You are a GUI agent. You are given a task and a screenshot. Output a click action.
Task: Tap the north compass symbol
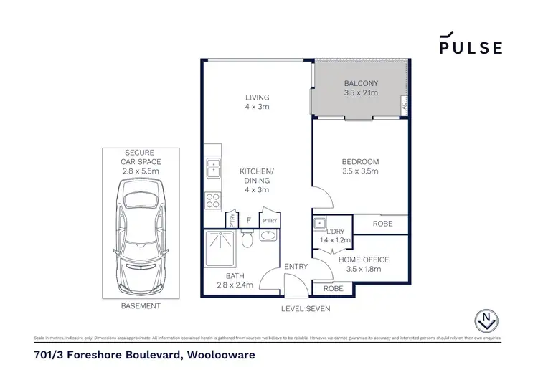pyautogui.click(x=489, y=321)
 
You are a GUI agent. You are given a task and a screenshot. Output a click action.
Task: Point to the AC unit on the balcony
pyautogui.click(x=404, y=105)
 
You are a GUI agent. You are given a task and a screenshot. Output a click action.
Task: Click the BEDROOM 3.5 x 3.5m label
pyautogui.click(x=360, y=166)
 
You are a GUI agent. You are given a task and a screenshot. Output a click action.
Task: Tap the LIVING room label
pyautogui.click(x=256, y=103)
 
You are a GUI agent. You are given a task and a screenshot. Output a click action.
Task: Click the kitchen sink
pyautogui.click(x=214, y=168)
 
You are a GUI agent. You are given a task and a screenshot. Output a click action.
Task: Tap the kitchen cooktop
pyautogui.click(x=213, y=198)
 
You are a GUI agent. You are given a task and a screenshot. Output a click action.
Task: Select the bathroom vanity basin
pyautogui.click(x=268, y=237)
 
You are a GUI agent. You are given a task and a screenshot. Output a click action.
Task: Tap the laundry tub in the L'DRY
pyautogui.click(x=320, y=224)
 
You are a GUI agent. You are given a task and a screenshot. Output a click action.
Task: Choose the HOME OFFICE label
pyautogui.click(x=364, y=265)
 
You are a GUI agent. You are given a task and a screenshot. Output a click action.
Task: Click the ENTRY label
pyautogui.click(x=296, y=267)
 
